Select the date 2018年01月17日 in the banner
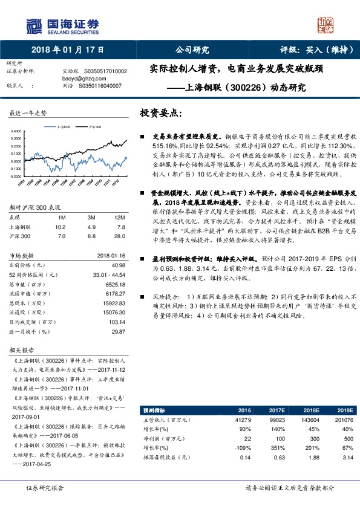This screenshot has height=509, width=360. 67,50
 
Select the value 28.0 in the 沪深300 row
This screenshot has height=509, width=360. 120,236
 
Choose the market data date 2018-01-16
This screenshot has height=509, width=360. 112,254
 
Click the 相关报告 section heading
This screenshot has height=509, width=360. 21,350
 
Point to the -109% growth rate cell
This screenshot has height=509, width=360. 242,447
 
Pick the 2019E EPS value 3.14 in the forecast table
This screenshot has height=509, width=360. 344,457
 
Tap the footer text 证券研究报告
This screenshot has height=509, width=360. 45,488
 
